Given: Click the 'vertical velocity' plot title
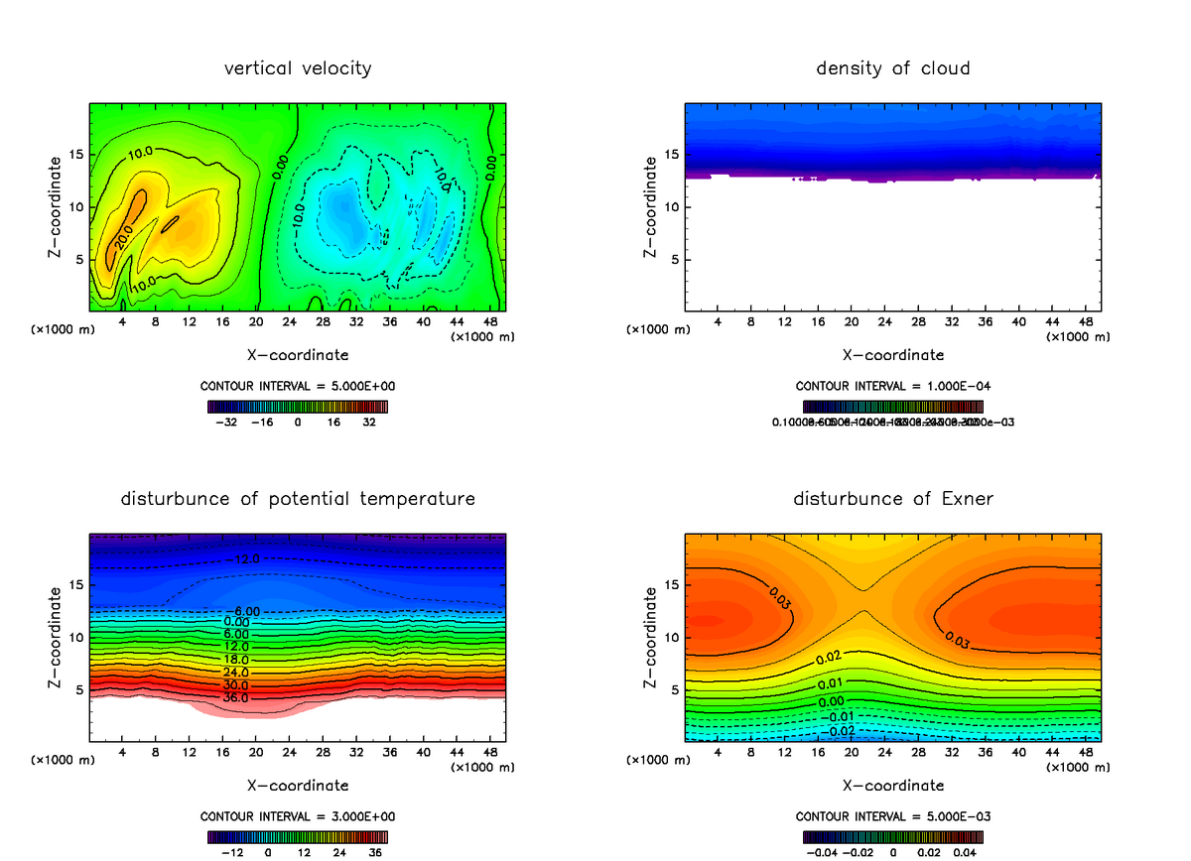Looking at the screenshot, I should click(298, 68).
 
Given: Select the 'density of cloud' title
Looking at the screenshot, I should click(892, 68).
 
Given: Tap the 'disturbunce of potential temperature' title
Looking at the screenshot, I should click(298, 498).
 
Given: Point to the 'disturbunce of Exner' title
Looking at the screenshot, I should click(892, 498).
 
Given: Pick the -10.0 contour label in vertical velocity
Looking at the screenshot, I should click(298, 217).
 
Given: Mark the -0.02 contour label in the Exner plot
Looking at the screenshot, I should click(842, 731).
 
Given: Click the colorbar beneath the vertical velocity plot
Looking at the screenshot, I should click(297, 406).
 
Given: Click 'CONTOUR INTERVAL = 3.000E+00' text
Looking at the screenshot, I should click(297, 815).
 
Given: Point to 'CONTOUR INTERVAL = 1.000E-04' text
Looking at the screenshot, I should click(892, 386).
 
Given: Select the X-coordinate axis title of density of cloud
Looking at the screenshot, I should click(892, 354).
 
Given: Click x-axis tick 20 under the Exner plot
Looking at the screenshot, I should click(851, 752).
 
